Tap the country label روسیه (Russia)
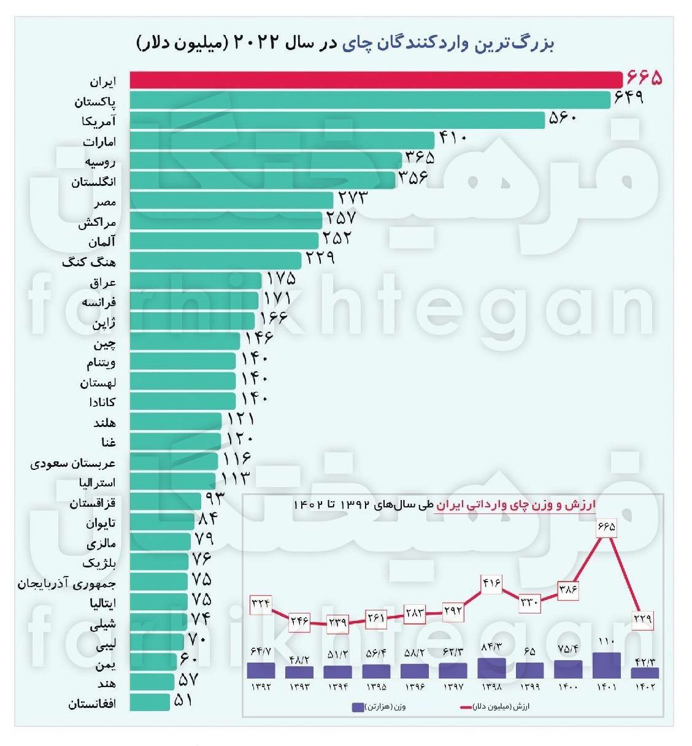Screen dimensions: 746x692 click(x=100, y=161)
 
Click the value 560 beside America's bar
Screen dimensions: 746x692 click(x=563, y=118)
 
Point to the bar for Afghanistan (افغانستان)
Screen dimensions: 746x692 click(x=150, y=702)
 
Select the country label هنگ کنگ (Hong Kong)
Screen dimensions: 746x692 click(x=89, y=262)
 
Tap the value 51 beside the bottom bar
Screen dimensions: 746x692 click(x=183, y=700)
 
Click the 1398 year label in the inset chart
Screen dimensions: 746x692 click(x=491, y=686)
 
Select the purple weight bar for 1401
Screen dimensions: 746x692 click(x=607, y=665)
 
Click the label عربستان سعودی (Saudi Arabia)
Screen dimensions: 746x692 click(x=73, y=463)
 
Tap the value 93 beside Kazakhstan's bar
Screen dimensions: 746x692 click(x=215, y=498)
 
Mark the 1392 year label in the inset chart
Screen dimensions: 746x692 click(x=261, y=686)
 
